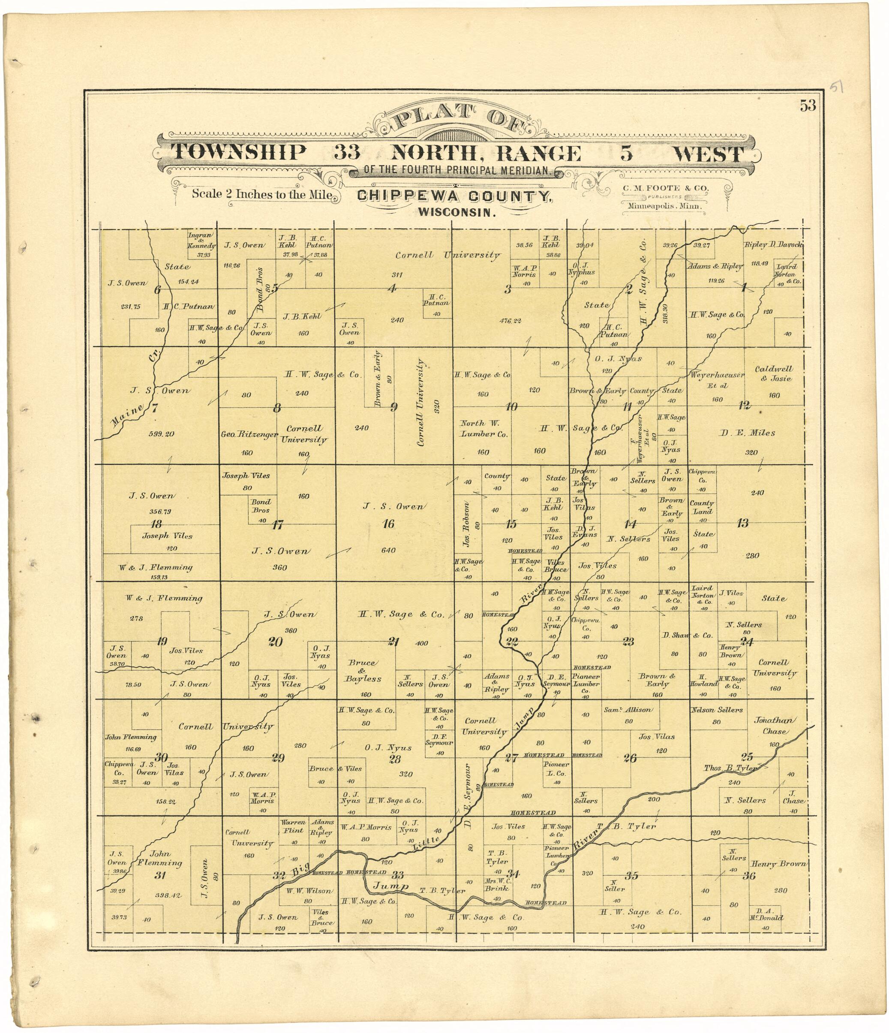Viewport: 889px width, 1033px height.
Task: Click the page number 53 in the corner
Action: tap(808, 106)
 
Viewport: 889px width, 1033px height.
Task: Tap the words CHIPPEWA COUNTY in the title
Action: tap(454, 196)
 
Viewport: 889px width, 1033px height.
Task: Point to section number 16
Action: tap(388, 523)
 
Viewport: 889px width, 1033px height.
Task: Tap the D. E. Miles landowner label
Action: tap(746, 433)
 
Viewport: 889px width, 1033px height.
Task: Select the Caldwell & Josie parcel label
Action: tap(773, 373)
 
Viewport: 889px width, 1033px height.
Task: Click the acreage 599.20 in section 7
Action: tap(162, 434)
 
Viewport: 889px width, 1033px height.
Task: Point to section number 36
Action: tap(748, 876)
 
